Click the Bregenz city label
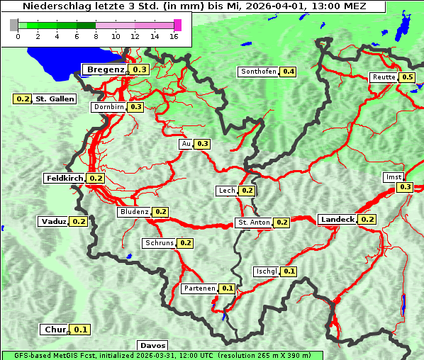coord(106,69)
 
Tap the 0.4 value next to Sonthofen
coord(289,72)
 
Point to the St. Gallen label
coord(55,99)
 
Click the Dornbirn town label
coord(108,107)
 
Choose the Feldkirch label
coord(65,179)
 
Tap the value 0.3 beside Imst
coord(405,187)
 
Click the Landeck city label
coord(337,220)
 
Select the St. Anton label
coord(254,223)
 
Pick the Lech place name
coord(226,191)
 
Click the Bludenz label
coord(134,212)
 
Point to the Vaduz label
coord(53,222)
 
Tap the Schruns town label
coord(159,243)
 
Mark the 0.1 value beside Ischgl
coord(289,271)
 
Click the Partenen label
coord(198,288)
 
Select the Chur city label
coord(55,330)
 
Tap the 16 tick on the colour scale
coord(174,36)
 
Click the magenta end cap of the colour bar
coord(177,25)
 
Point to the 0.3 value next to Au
coord(203,144)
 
